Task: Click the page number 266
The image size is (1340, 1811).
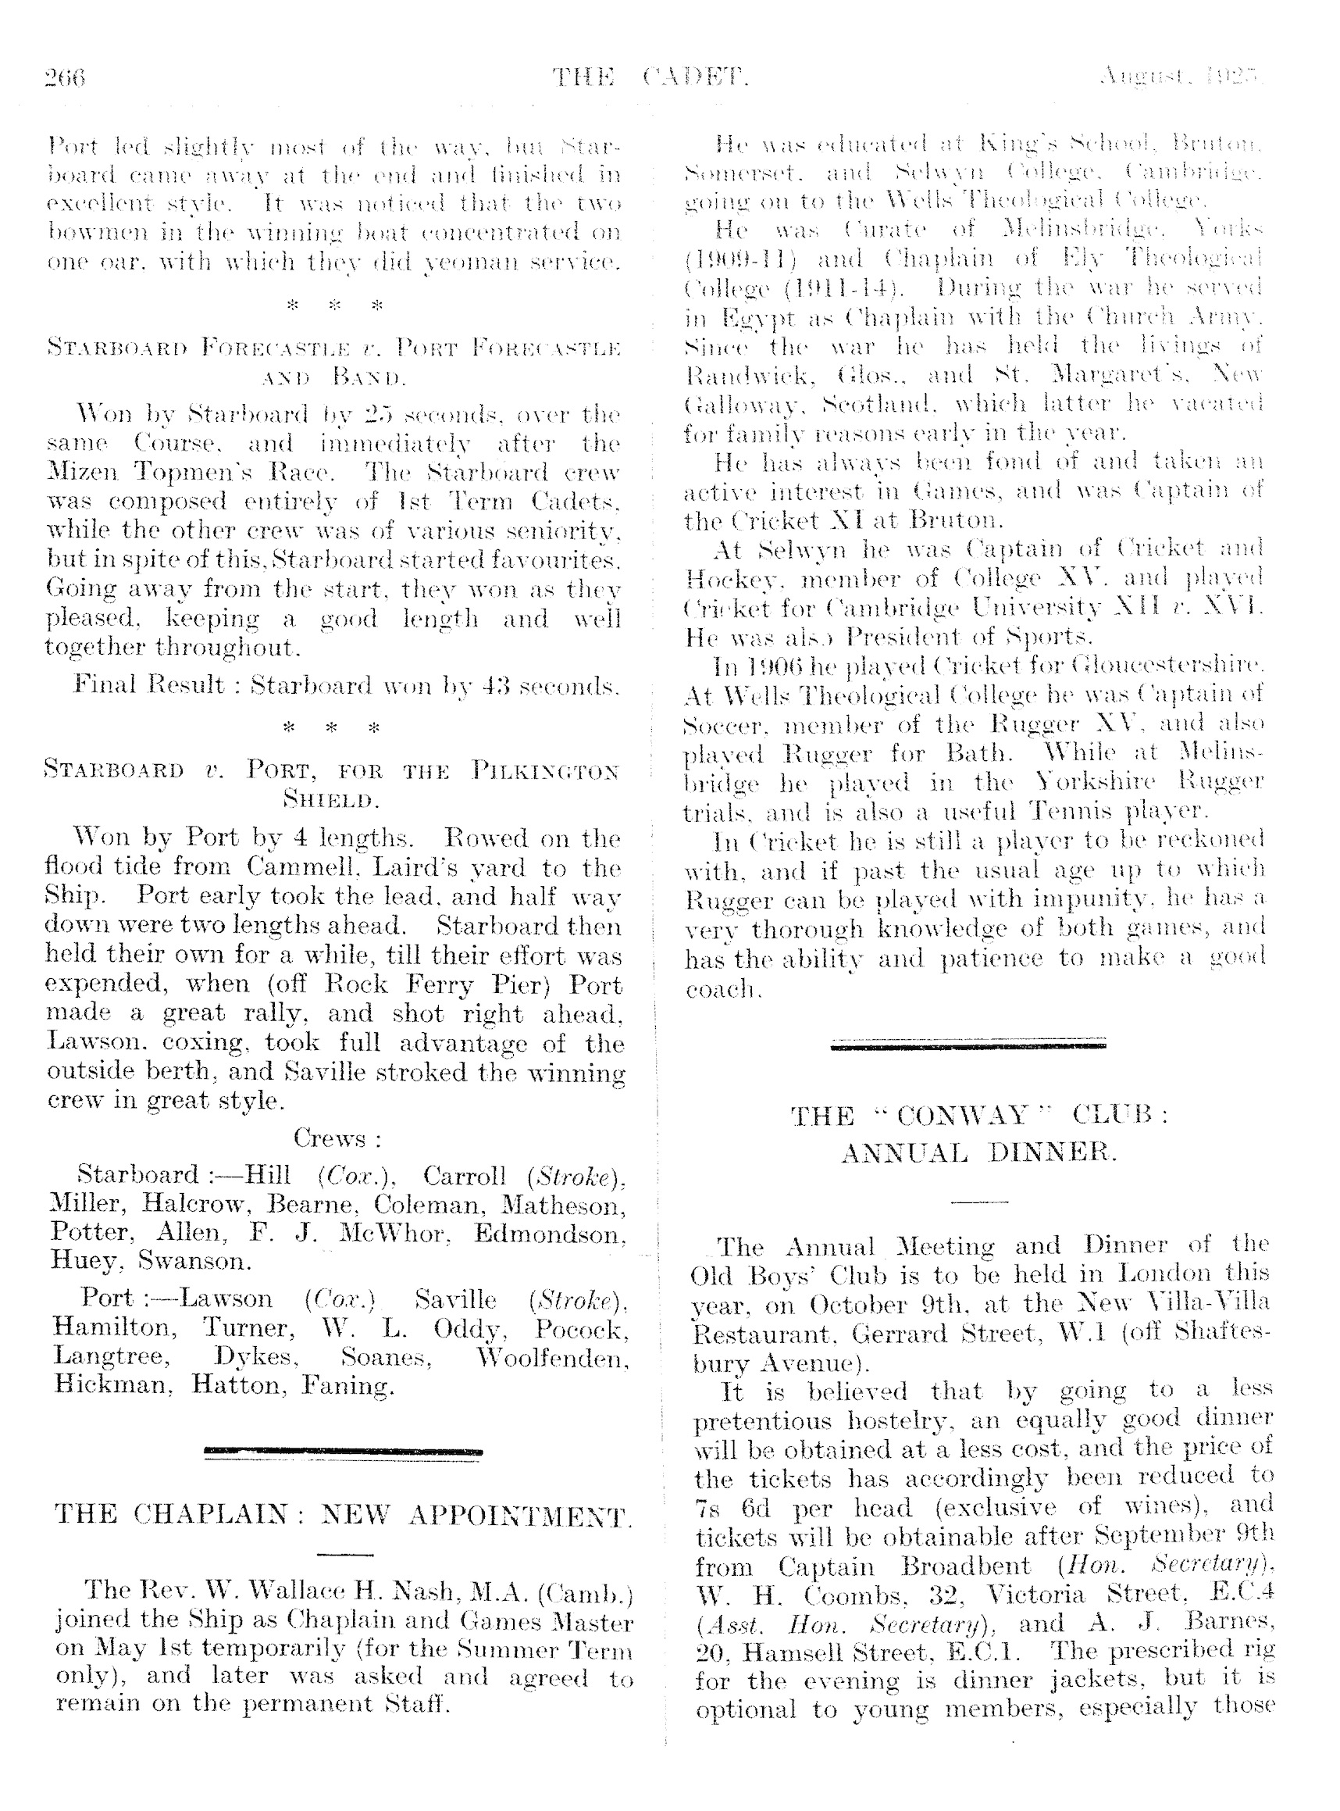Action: (x=64, y=78)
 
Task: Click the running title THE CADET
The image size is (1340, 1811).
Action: (x=650, y=78)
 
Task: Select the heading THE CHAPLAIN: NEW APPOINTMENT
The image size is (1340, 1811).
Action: (x=342, y=1515)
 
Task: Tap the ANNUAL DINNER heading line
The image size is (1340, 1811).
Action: (x=978, y=1152)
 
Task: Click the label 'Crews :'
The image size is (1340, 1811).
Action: (x=337, y=1138)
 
